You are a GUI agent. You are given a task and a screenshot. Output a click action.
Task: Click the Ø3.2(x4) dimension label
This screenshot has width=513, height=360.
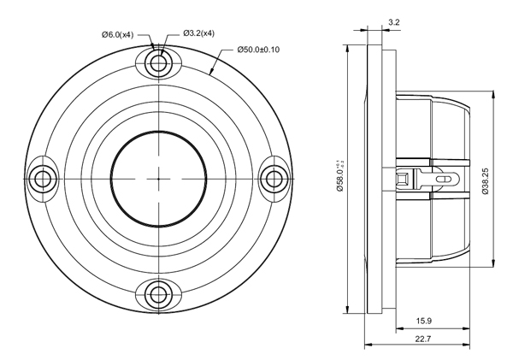tap(198, 33)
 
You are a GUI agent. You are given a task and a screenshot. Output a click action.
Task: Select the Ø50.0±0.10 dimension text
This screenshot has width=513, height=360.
tap(257, 50)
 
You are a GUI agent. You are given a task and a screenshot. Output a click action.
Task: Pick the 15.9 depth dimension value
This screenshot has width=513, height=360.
tap(425, 321)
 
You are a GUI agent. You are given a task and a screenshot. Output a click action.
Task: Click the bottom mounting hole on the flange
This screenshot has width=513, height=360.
tap(158, 295)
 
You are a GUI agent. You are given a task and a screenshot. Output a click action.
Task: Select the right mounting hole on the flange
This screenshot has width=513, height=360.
tap(274, 179)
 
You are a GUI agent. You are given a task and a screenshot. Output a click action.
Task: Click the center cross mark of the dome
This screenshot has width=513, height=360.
tap(158, 179)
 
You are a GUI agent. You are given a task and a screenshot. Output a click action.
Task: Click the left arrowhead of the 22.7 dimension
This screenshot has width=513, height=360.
tap(369, 345)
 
